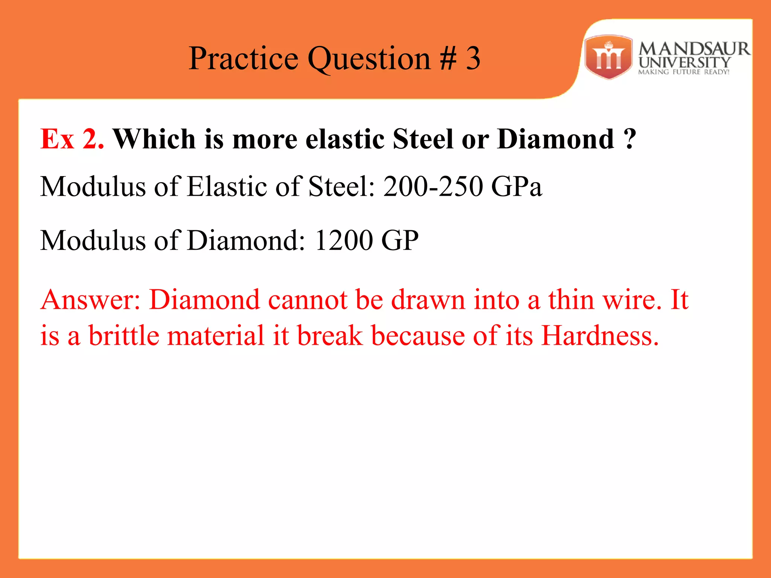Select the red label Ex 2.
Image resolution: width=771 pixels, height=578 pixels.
click(x=72, y=139)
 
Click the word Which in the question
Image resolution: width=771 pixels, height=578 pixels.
click(x=154, y=139)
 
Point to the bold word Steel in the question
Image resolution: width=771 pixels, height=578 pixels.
click(x=423, y=139)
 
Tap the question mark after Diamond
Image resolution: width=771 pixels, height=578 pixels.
click(x=629, y=139)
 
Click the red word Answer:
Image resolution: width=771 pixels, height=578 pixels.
click(x=90, y=300)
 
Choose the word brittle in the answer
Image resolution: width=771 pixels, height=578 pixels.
click(x=124, y=335)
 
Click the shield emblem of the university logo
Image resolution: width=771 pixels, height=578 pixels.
click(x=608, y=57)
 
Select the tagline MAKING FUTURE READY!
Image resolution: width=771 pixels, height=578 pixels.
click(x=684, y=72)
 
